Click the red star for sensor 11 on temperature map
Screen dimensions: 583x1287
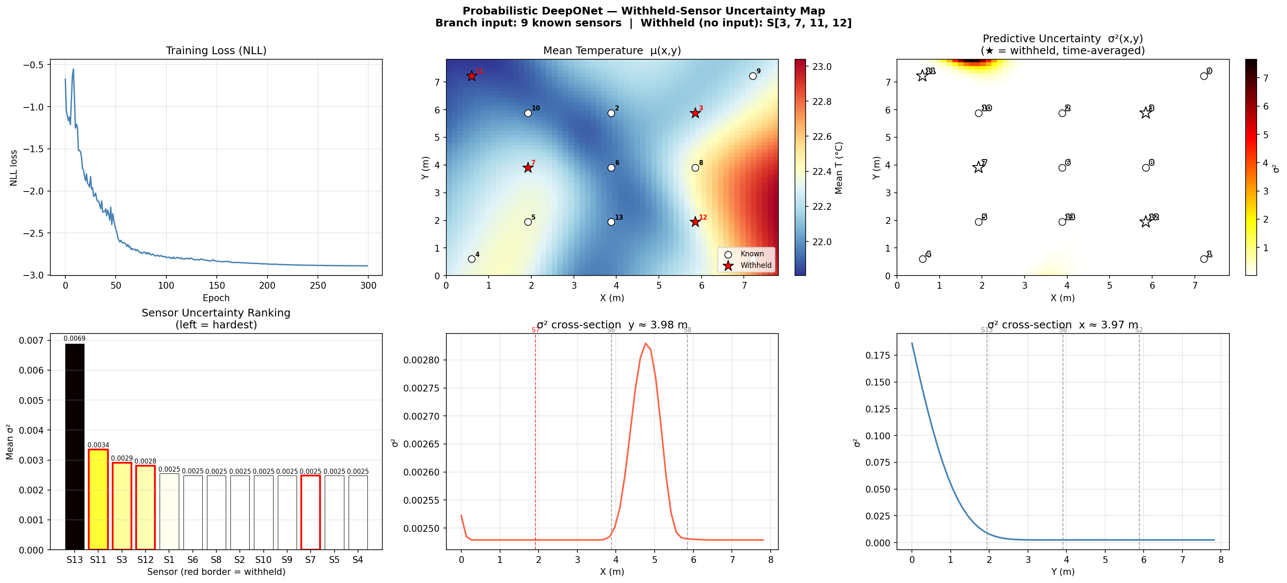[471, 76]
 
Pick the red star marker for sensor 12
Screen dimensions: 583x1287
[695, 222]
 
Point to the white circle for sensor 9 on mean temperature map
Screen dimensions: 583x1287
[752, 76]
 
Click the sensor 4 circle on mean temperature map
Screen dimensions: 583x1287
[471, 259]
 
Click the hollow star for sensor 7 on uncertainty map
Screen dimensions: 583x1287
[978, 168]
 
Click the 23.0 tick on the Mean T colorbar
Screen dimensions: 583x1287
[821, 67]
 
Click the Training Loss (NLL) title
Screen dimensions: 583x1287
[216, 50]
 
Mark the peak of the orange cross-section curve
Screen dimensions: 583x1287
[646, 343]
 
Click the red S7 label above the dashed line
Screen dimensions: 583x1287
[535, 330]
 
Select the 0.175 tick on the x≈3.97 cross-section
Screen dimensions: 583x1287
[877, 355]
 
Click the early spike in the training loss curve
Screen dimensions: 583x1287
[73, 70]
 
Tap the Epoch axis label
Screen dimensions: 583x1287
[216, 298]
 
